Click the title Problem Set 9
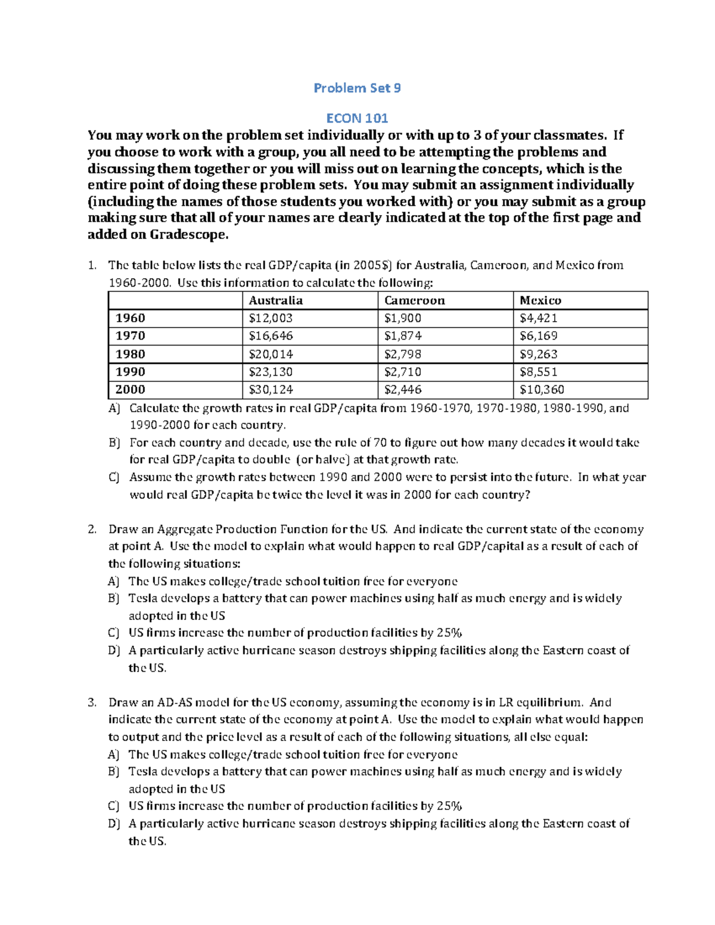[357, 88]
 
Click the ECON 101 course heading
[357, 118]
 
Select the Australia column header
[275, 300]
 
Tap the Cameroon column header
[414, 300]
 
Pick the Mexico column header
[540, 300]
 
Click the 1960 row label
[130, 318]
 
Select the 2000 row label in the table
[130, 390]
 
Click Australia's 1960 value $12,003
[271, 318]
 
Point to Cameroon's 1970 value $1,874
[403, 336]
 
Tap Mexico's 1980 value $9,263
[538, 354]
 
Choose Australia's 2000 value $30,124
[271, 390]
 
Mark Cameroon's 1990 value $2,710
[403, 372]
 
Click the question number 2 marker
[92, 530]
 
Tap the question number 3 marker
[92, 702]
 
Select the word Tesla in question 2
[143, 599]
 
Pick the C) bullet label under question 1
[114, 477]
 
